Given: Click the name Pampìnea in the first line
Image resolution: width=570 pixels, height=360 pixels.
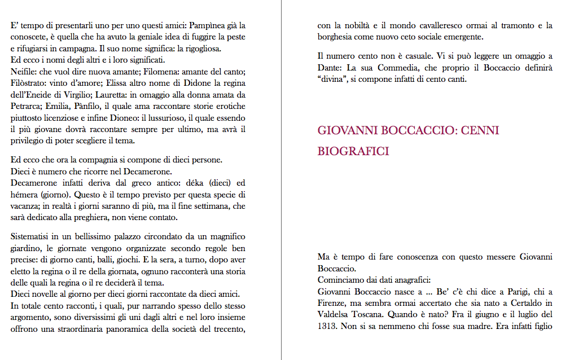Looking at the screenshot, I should (x=206, y=25).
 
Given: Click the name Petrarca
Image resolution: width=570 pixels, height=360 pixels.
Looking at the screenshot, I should (x=27, y=106).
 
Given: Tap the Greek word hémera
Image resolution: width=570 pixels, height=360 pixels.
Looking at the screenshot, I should (x=24, y=195).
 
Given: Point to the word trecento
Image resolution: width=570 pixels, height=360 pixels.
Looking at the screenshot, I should (x=228, y=329).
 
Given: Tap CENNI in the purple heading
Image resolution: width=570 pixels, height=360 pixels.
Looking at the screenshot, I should (x=480, y=131).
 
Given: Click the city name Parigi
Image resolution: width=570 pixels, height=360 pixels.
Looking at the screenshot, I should (x=497, y=291).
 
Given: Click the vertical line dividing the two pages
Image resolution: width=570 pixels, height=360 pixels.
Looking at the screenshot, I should (x=281, y=180).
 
